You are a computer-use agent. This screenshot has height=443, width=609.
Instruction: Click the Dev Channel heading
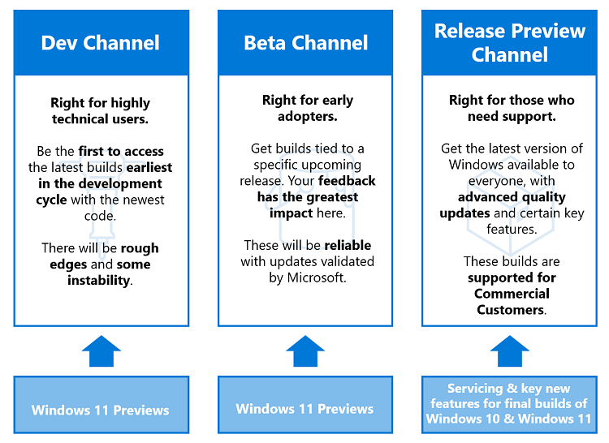click(x=101, y=43)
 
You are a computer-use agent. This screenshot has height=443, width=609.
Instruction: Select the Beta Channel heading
click(x=305, y=43)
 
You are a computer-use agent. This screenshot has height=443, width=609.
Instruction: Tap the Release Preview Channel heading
click(x=510, y=43)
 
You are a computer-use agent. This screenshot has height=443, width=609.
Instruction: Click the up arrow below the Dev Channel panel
click(x=101, y=351)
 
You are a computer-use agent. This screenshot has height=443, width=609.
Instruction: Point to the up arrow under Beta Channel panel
click(x=305, y=351)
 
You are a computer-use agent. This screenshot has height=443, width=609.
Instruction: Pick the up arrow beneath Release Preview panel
click(x=510, y=351)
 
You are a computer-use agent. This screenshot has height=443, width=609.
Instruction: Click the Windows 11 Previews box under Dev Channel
click(x=101, y=410)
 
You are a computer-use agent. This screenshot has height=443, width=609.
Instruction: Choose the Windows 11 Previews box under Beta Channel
click(x=305, y=408)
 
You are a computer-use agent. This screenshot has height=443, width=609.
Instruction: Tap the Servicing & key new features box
click(x=510, y=404)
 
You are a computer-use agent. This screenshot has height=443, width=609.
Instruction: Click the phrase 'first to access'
click(x=121, y=151)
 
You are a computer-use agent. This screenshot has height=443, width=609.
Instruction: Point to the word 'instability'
click(x=99, y=280)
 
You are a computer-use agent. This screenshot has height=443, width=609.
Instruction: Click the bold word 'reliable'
click(x=347, y=245)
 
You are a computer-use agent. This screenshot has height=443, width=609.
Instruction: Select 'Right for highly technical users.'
click(x=101, y=110)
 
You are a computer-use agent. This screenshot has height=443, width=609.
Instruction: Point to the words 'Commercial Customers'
click(x=512, y=302)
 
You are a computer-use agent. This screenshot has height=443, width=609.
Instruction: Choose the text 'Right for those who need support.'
click(x=512, y=108)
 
